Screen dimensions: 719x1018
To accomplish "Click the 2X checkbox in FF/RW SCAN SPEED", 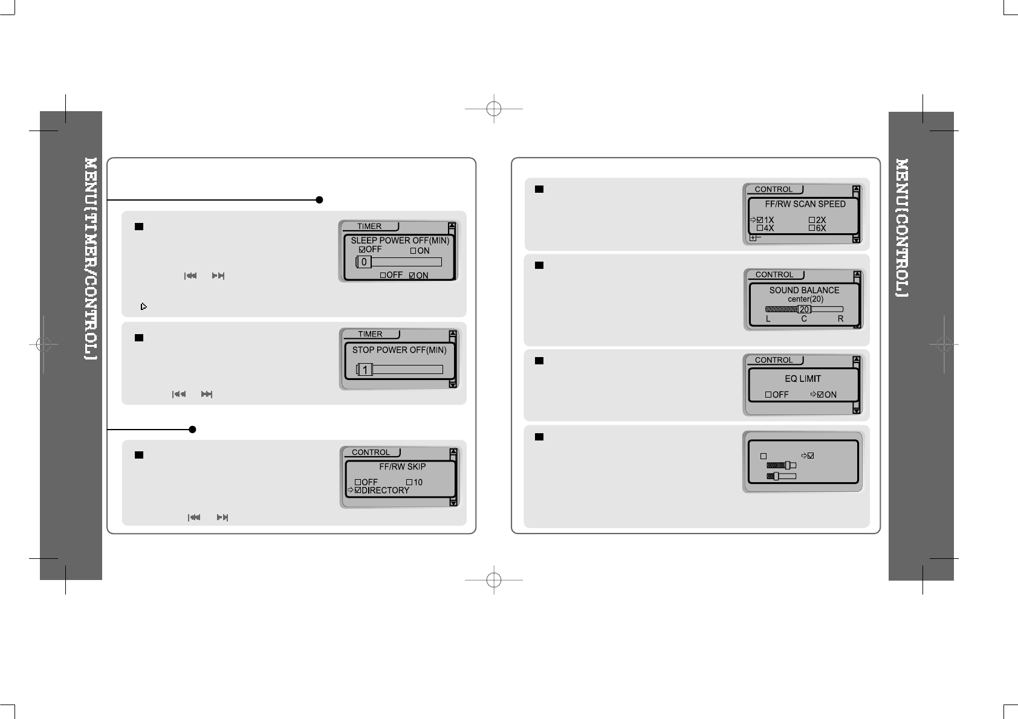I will point(812,221).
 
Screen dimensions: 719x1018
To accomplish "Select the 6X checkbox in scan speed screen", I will point(812,228).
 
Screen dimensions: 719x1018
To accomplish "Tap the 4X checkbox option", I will point(760,228).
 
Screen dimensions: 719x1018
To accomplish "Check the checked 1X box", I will point(760,221).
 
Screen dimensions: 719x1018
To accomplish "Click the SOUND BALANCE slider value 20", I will point(804,309).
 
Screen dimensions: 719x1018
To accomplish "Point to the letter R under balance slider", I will point(840,319).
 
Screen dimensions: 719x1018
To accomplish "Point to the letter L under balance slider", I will point(768,319).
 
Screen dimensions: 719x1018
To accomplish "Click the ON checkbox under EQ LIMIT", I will point(820,395).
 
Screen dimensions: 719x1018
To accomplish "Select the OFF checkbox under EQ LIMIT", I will point(768,395).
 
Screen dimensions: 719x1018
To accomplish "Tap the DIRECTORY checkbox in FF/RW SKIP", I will point(358,490).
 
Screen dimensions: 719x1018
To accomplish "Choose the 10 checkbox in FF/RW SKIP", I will point(409,482).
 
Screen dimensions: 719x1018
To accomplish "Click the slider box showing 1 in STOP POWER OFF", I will point(365,370).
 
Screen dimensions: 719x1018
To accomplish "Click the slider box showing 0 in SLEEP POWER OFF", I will point(364,262).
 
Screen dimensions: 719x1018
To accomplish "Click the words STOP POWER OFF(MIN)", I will point(399,350).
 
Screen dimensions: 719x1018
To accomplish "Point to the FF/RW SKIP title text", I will point(402,467).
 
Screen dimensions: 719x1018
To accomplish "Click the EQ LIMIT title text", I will point(803,379).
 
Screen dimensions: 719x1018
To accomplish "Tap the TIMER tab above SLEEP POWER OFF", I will point(369,227).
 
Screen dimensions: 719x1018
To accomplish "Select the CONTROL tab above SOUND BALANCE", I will point(774,275).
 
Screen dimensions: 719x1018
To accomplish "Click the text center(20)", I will point(805,299).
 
